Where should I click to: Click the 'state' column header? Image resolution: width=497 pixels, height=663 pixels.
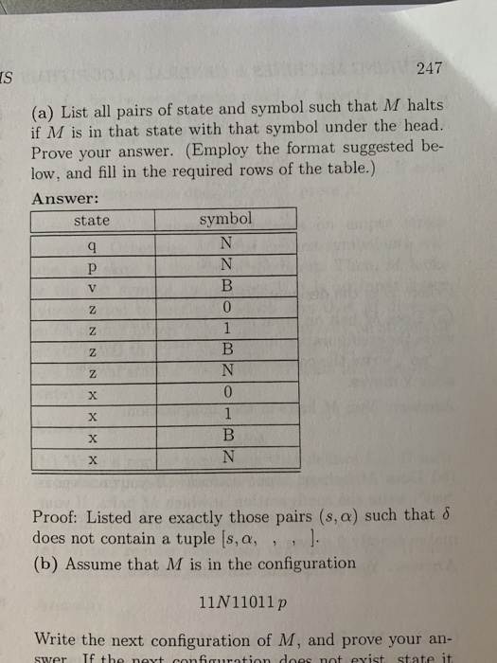coord(92,221)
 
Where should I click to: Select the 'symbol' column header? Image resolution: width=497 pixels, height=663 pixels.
coord(226,219)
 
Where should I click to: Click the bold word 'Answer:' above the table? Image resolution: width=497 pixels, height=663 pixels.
coord(64,198)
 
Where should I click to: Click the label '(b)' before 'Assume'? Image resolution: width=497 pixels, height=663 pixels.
coord(44,562)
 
